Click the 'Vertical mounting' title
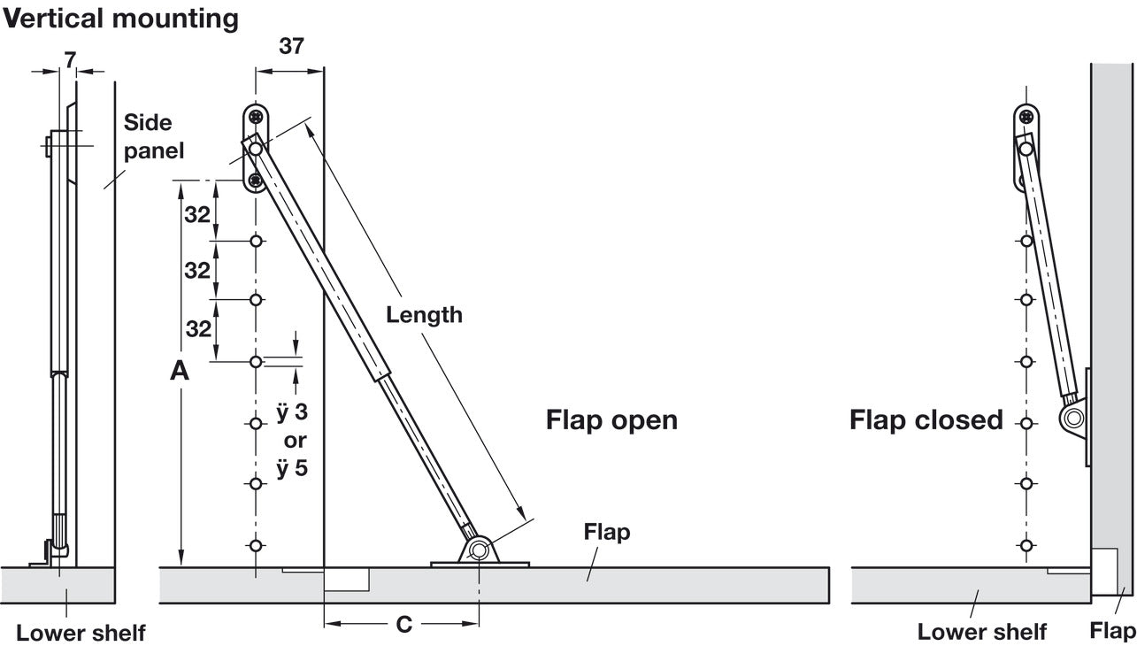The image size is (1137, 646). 120,19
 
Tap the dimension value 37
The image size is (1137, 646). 291,46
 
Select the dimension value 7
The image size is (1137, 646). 70,60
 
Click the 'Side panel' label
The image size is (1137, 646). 154,136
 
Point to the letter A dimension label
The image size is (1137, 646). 180,371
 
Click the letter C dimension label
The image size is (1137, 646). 404,624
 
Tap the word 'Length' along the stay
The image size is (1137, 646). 425,315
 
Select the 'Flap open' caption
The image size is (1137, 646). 611,420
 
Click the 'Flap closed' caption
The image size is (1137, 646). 926,420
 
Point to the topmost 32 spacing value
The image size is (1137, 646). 197,215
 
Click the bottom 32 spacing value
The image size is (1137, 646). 198,329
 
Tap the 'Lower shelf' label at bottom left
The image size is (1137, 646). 81,633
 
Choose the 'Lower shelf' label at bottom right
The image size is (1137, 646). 982,632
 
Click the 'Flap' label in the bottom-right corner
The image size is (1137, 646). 1112,631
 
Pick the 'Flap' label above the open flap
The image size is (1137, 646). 607,532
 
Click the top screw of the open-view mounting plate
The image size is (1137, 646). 256,117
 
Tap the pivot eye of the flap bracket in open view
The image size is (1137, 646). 478,550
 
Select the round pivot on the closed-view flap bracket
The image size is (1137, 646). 1073,419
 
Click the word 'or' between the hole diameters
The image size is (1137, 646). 296,441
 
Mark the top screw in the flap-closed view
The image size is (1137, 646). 1026,117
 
